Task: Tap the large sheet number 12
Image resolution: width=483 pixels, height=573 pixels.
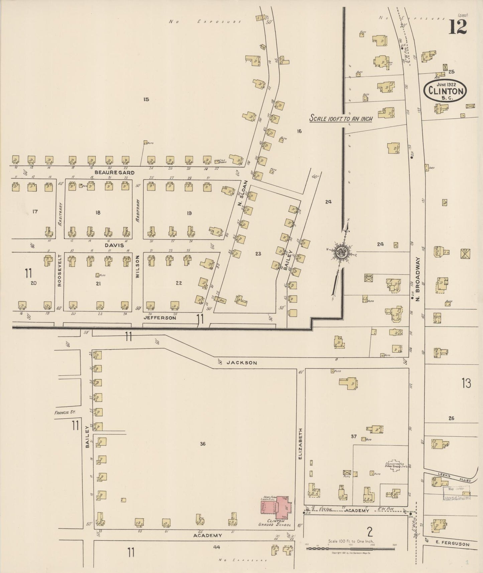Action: coord(457,27)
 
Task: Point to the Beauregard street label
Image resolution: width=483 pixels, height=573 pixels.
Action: coord(110,173)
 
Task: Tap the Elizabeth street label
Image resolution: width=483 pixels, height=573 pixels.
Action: coord(300,443)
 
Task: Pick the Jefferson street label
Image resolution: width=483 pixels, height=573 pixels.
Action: coord(159,318)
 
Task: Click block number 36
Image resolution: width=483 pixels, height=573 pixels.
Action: coord(203,444)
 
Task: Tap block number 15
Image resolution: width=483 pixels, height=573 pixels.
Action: coord(146,99)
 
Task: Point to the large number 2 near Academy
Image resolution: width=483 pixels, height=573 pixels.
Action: coord(369,531)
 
